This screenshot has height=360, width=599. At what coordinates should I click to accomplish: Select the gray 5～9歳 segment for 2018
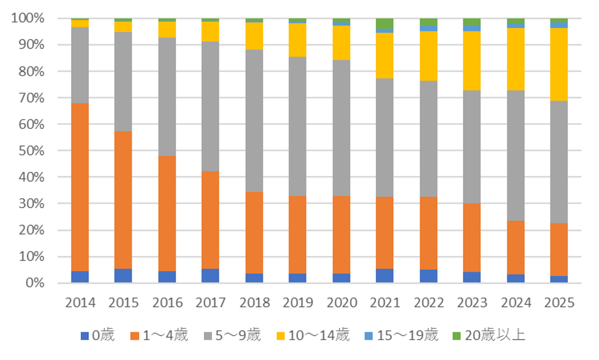click(254, 121)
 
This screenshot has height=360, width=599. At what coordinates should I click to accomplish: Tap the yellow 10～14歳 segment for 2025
click(559, 64)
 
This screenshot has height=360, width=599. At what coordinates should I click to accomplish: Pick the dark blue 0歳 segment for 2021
click(384, 276)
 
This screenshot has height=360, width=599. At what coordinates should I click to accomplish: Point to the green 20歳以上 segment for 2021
click(384, 23)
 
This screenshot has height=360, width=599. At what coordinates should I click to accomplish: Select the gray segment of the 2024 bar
click(516, 155)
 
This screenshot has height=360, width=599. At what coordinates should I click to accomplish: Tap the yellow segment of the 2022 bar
click(428, 56)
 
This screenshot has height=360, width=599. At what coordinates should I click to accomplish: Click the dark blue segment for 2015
click(123, 276)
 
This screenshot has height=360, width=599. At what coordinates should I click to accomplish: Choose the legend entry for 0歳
click(98, 335)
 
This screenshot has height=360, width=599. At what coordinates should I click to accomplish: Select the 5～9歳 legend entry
click(233, 335)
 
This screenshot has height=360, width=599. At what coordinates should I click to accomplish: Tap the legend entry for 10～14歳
click(313, 335)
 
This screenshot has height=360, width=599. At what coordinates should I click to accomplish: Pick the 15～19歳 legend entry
click(402, 335)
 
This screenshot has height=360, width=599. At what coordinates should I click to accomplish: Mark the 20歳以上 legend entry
click(489, 335)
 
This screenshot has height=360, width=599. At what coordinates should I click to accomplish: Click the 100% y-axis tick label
click(28, 18)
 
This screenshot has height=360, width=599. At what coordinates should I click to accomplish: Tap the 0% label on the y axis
click(35, 283)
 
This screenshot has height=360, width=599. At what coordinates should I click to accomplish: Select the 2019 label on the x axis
click(298, 302)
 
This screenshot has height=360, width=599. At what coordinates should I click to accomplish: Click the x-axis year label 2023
click(472, 302)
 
